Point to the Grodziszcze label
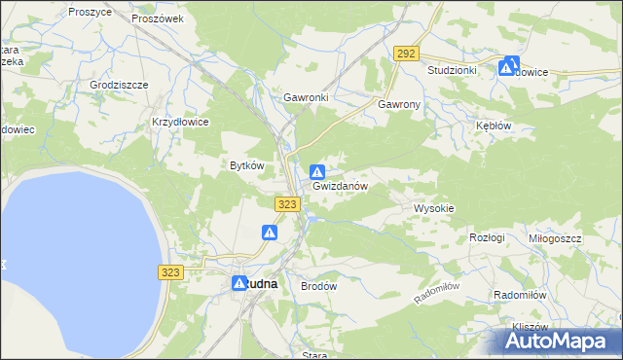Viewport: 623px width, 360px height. click(x=119, y=85)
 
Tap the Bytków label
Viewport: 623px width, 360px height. click(x=246, y=165)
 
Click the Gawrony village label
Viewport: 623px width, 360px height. click(x=399, y=103)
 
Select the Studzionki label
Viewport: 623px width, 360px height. click(x=452, y=71)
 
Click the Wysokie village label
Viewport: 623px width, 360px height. click(x=434, y=208)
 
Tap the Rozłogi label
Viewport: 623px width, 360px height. click(x=487, y=237)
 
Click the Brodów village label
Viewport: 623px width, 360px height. click(x=318, y=287)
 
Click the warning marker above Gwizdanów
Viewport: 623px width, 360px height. click(x=317, y=171)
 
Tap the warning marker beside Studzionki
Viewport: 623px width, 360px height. click(x=508, y=67)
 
